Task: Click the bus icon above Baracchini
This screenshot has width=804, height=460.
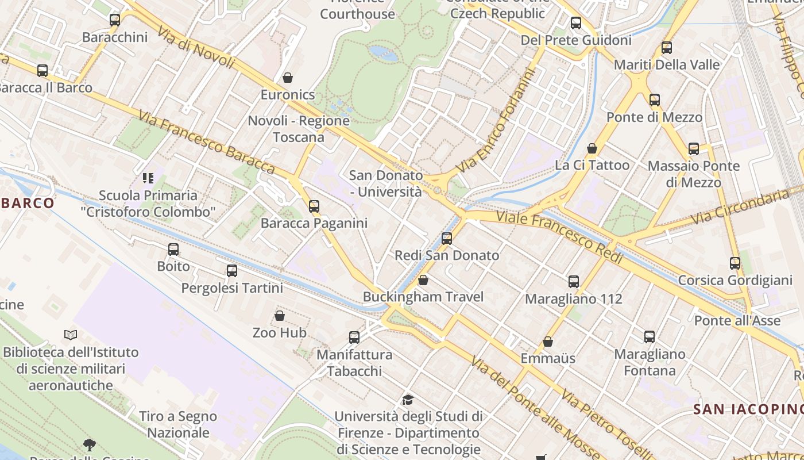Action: pyautogui.click(x=115, y=20)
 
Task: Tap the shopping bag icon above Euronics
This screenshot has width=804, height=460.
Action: pyautogui.click(x=288, y=77)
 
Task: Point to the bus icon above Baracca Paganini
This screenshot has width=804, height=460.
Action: pyautogui.click(x=314, y=206)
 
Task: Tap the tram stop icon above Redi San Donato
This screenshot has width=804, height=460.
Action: pyautogui.click(x=447, y=238)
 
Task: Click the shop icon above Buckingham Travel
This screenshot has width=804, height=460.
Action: pyautogui.click(x=423, y=280)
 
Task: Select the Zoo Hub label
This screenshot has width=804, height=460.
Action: pyautogui.click(x=280, y=332)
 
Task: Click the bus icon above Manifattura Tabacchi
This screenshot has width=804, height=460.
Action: pyautogui.click(x=354, y=338)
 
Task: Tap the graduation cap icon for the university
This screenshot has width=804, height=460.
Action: pyautogui.click(x=408, y=400)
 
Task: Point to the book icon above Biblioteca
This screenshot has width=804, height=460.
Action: pyautogui.click(x=71, y=335)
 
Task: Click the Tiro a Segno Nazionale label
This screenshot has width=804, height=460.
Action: pyautogui.click(x=178, y=424)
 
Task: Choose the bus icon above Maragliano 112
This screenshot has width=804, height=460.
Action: pyautogui.click(x=574, y=282)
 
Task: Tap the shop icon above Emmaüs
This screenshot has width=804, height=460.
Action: pyautogui.click(x=548, y=342)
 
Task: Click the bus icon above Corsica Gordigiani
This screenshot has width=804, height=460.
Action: pyautogui.click(x=735, y=263)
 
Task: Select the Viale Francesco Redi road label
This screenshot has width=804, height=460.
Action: pyautogui.click(x=559, y=236)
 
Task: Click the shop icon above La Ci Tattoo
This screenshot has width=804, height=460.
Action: pyautogui.click(x=592, y=148)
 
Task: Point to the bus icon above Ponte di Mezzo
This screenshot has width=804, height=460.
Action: pyautogui.click(x=655, y=100)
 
